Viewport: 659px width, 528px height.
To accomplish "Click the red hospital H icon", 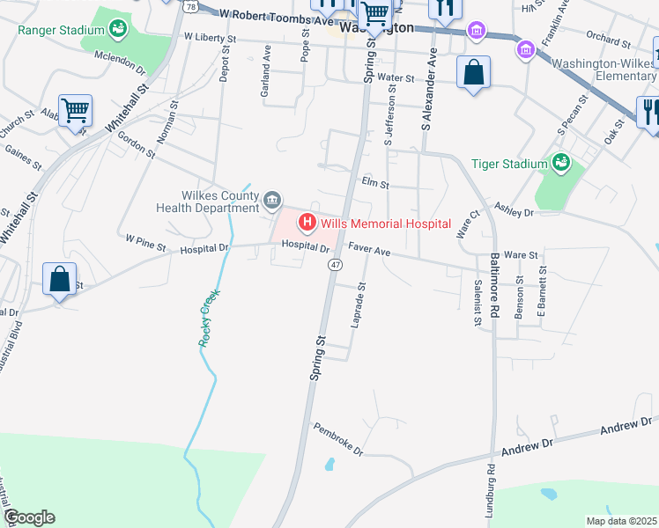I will [x=307, y=223].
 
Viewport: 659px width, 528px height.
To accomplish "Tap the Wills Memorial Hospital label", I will [x=386, y=224].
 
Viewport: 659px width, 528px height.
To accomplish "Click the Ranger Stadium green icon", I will [x=117, y=30].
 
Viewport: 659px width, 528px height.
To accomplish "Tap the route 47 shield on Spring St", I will [x=336, y=264].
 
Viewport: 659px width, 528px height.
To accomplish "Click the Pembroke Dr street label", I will [x=338, y=438].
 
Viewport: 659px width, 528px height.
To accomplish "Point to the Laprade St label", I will [x=359, y=305].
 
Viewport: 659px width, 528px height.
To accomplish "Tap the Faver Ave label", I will [x=368, y=250].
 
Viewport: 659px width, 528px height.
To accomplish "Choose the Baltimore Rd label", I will [x=494, y=287].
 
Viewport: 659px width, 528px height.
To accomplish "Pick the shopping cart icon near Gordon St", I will [x=76, y=111].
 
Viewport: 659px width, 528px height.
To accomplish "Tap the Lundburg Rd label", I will [x=490, y=494].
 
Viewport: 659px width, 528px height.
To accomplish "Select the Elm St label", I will [x=375, y=182].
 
